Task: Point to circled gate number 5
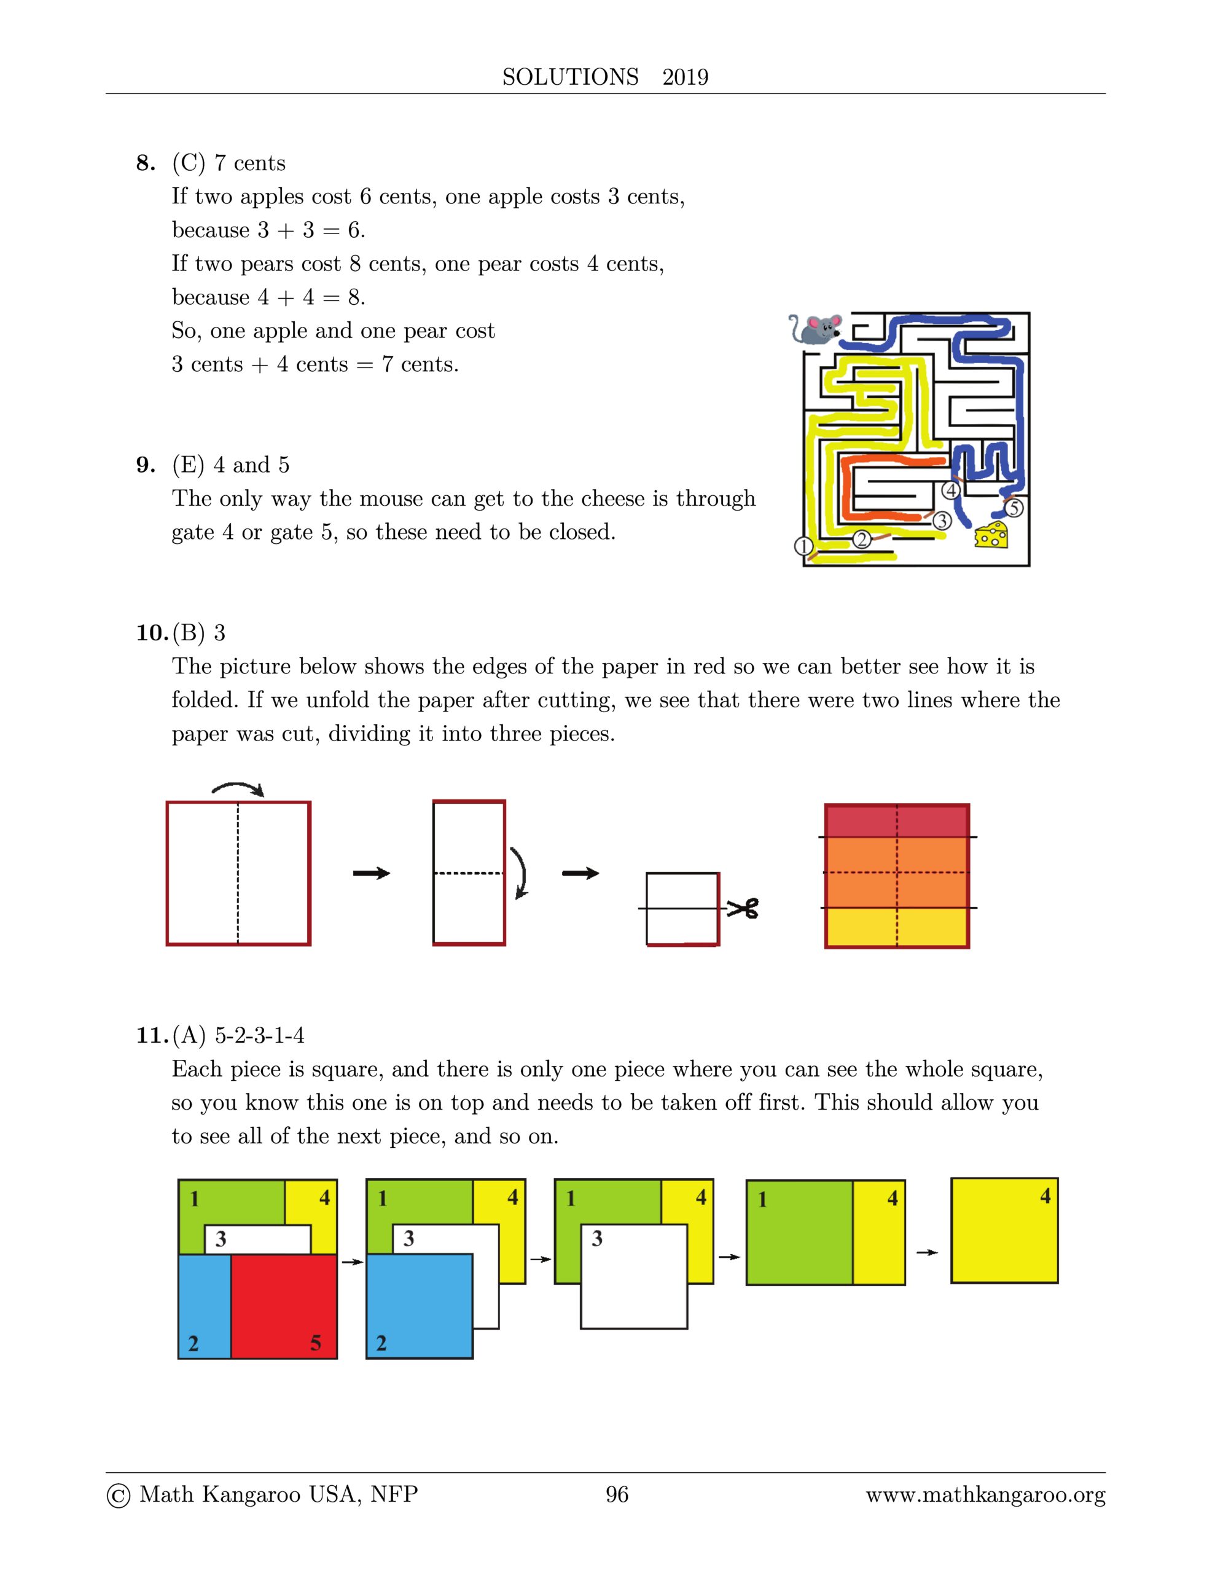1014,508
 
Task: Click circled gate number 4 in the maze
951,490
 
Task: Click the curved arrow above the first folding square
238,790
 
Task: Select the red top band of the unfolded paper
897,821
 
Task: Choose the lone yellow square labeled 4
1004,1230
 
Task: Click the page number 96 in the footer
617,1494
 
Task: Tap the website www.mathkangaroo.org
985,1495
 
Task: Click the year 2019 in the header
685,77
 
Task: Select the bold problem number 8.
145,163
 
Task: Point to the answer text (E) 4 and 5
230,465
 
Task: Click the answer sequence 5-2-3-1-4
259,1035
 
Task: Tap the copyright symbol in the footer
118,1496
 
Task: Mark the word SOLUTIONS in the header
569,77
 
